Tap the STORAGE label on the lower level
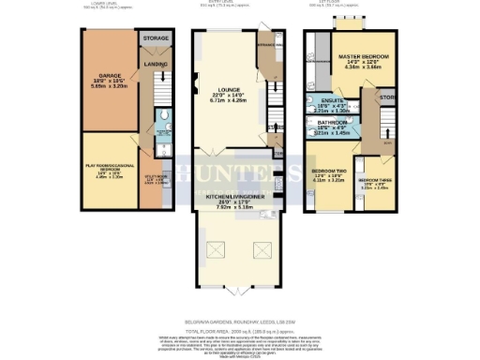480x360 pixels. click(156, 38)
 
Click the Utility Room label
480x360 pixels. click(155, 178)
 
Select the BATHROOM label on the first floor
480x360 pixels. click(331, 123)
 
